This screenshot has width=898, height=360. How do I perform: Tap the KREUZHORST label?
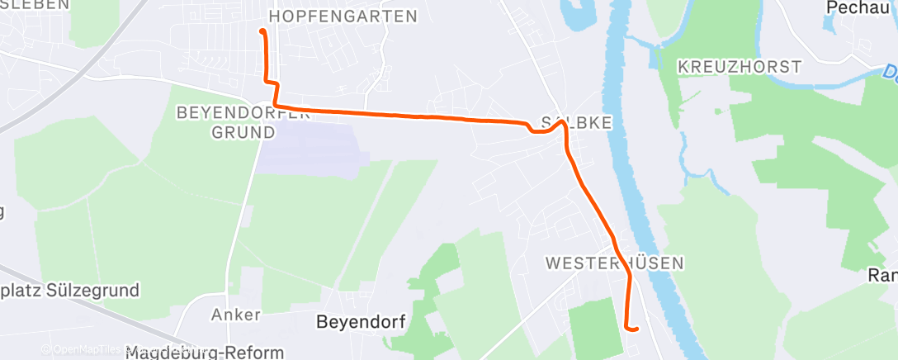coord(739,66)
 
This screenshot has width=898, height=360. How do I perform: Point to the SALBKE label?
coord(575,123)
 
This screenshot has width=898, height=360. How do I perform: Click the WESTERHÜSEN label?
coord(615,263)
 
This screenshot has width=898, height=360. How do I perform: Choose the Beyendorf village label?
coord(361,321)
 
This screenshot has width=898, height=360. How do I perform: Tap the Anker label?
coord(236,315)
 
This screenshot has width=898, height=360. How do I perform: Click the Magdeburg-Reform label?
coord(205,353)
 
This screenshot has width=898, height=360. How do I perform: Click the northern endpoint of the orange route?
coord(262,31)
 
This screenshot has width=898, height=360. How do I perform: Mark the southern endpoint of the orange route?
coord(637,329)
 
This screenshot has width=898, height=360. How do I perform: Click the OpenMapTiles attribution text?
coord(83,350)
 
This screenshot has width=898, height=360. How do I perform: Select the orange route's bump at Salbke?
coord(559,124)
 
